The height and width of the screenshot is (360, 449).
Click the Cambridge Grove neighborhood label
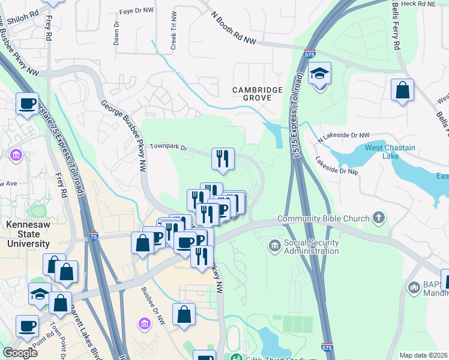pyautogui.click(x=258, y=94)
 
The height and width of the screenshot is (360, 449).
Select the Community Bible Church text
pyautogui.click(x=324, y=218)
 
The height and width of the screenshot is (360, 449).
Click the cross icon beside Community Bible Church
pyautogui.click(x=378, y=218)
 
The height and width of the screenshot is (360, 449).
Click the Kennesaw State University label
pyautogui.click(x=28, y=234)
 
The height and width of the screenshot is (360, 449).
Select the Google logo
pyautogui.click(x=20, y=353)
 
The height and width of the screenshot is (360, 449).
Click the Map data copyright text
pyautogui.click(x=423, y=355)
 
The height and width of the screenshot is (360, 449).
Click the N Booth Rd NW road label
pyautogui.click(x=234, y=29)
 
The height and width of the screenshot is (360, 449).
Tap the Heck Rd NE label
pyautogui.click(x=419, y=4)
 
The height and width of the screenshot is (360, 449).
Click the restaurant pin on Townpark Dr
pyautogui.click(x=223, y=158)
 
